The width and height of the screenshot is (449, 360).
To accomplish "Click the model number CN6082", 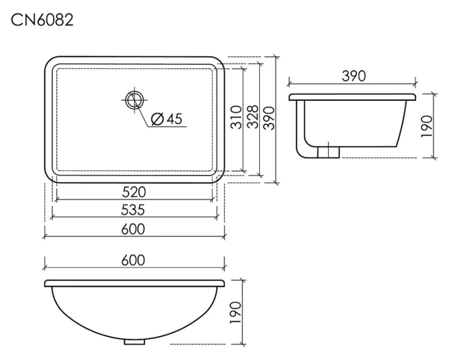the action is coord(42,20).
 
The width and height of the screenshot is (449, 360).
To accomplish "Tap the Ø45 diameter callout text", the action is coord(166,118).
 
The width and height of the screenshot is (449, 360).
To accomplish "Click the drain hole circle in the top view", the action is coord(134,100).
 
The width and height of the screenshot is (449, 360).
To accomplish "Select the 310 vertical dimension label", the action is coord(237,118).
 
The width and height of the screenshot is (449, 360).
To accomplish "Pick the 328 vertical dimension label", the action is coord(253,117).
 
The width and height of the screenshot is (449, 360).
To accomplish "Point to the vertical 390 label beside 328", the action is coord(269,118).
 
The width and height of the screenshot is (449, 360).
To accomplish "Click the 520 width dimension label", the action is coord(134,192).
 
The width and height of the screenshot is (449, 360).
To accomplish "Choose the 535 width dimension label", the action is coord(133,210).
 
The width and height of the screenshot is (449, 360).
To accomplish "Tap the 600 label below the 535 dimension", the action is coord(133,229).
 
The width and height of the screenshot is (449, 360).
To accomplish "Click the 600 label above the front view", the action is coord(133,260).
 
